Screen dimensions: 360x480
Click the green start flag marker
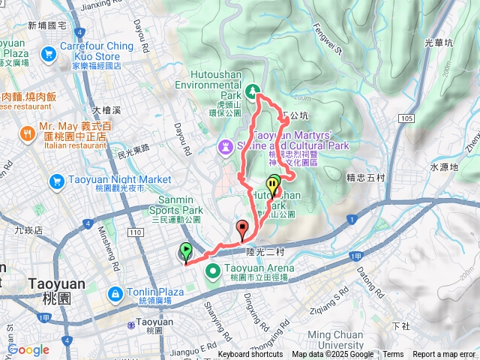tap(186, 252)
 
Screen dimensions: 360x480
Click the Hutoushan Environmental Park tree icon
tap(254, 90)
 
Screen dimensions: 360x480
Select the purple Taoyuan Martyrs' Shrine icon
tap(223, 145)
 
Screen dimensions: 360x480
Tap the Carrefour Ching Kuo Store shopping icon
tap(49, 53)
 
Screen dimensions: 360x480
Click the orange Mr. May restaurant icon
tap(26, 133)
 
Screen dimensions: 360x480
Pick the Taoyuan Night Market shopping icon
tap(56, 181)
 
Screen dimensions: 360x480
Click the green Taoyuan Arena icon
tap(212, 270)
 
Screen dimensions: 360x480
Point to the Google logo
tap(28, 349)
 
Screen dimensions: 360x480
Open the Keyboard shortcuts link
tap(250, 355)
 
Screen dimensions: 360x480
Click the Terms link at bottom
tap(393, 355)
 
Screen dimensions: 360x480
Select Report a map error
tap(444, 355)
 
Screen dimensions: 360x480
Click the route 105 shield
tap(406, 118)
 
